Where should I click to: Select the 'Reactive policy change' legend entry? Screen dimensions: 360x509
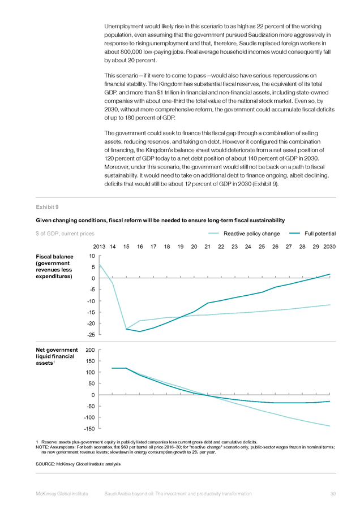click(244, 234)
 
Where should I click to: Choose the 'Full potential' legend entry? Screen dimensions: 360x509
click(312, 234)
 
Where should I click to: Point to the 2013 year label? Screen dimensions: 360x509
click(99, 247)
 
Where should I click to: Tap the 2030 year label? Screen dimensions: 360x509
click(329, 247)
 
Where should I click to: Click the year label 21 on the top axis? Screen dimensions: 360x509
click(207, 247)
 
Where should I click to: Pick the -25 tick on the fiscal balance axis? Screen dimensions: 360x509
click(91, 334)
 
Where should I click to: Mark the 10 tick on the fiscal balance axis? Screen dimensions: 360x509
click(92, 256)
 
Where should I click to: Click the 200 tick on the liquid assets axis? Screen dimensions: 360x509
click(91, 350)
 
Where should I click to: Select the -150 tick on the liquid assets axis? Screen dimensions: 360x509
click(89, 429)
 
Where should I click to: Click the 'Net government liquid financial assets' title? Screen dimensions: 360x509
click(57, 356)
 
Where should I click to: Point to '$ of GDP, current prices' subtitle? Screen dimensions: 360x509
click(65, 234)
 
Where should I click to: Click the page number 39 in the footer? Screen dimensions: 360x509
click(333, 494)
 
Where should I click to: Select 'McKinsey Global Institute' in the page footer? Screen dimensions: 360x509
click(62, 494)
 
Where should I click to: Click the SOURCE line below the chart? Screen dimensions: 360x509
click(78, 464)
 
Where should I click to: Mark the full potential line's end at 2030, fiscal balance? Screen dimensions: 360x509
click(330, 274)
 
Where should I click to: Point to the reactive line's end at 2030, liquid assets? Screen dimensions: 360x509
click(330, 426)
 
